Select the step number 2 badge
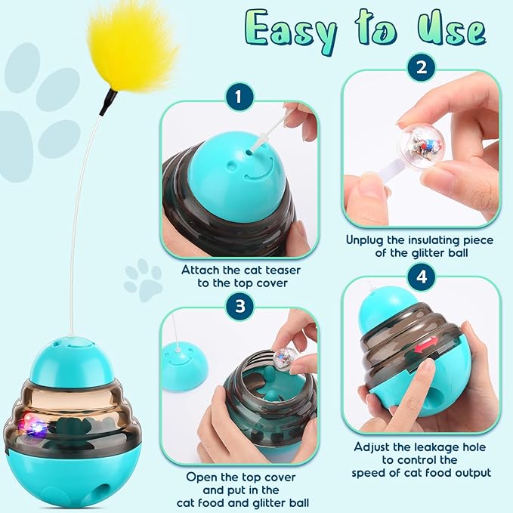420,67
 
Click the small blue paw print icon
143,280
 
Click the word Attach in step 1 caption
201,270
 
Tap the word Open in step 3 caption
203,477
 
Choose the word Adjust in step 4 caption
374,446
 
